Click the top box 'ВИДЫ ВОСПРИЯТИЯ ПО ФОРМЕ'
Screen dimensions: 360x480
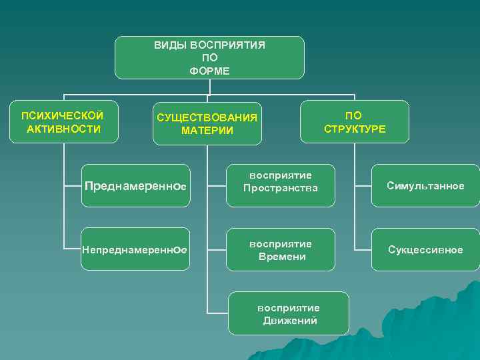click(x=209, y=57)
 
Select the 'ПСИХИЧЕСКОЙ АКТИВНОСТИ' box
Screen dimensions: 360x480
click(x=64, y=121)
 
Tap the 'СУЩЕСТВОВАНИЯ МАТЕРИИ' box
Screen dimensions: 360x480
click(x=207, y=124)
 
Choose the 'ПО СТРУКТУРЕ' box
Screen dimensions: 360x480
click(x=355, y=121)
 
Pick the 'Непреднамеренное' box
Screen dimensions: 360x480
click(x=133, y=250)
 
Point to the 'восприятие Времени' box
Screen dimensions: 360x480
click(x=281, y=250)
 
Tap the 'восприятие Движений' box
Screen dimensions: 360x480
click(x=289, y=313)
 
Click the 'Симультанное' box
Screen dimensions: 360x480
click(x=425, y=186)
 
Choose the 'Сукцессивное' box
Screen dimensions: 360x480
click(x=425, y=250)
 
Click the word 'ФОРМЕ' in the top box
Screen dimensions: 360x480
click(x=209, y=69)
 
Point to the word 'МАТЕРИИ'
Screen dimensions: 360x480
click(x=207, y=130)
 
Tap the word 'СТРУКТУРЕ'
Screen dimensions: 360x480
click(x=355, y=128)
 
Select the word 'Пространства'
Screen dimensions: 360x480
click(x=281, y=189)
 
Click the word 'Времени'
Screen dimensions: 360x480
click(x=281, y=257)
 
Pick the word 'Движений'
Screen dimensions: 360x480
click(x=290, y=321)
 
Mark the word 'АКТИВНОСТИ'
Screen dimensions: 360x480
click(x=64, y=128)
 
